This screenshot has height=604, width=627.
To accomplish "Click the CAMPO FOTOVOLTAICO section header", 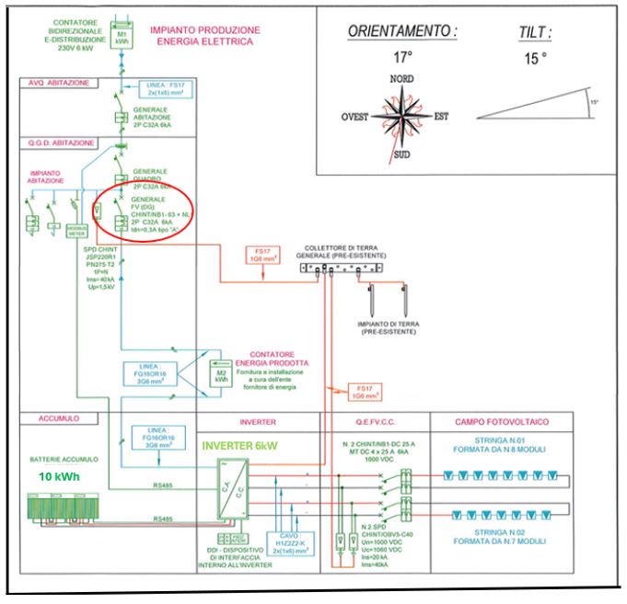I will pyautogui.click(x=502, y=421).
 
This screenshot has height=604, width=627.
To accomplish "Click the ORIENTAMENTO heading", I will pyautogui.click(x=401, y=31).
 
